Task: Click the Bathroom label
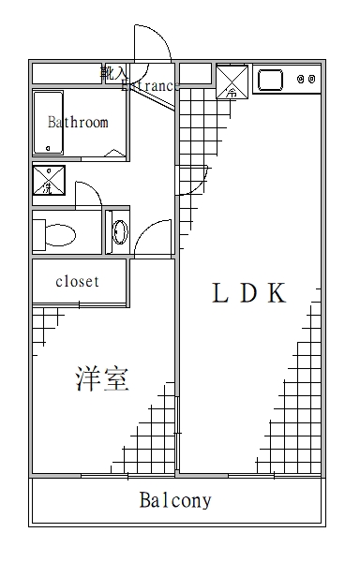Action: [x=78, y=122]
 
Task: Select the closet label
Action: [x=78, y=281]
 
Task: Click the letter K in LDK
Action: [x=275, y=294]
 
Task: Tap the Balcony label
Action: [x=175, y=500]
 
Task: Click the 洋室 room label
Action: [x=102, y=379]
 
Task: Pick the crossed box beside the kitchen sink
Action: [x=231, y=81]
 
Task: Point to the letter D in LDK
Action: [x=247, y=294]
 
